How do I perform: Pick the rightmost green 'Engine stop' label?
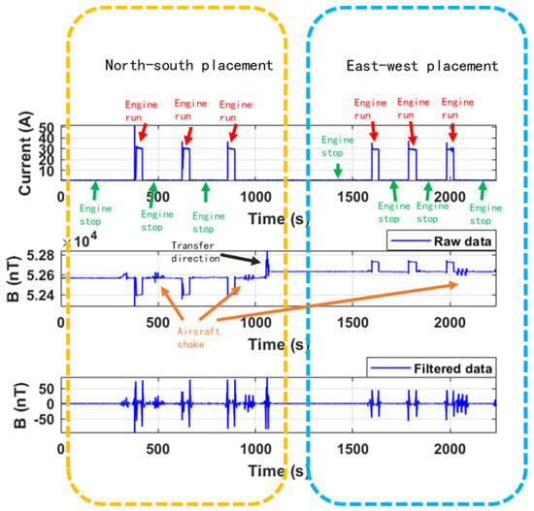point(480,212)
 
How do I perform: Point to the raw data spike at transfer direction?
point(266,260)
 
